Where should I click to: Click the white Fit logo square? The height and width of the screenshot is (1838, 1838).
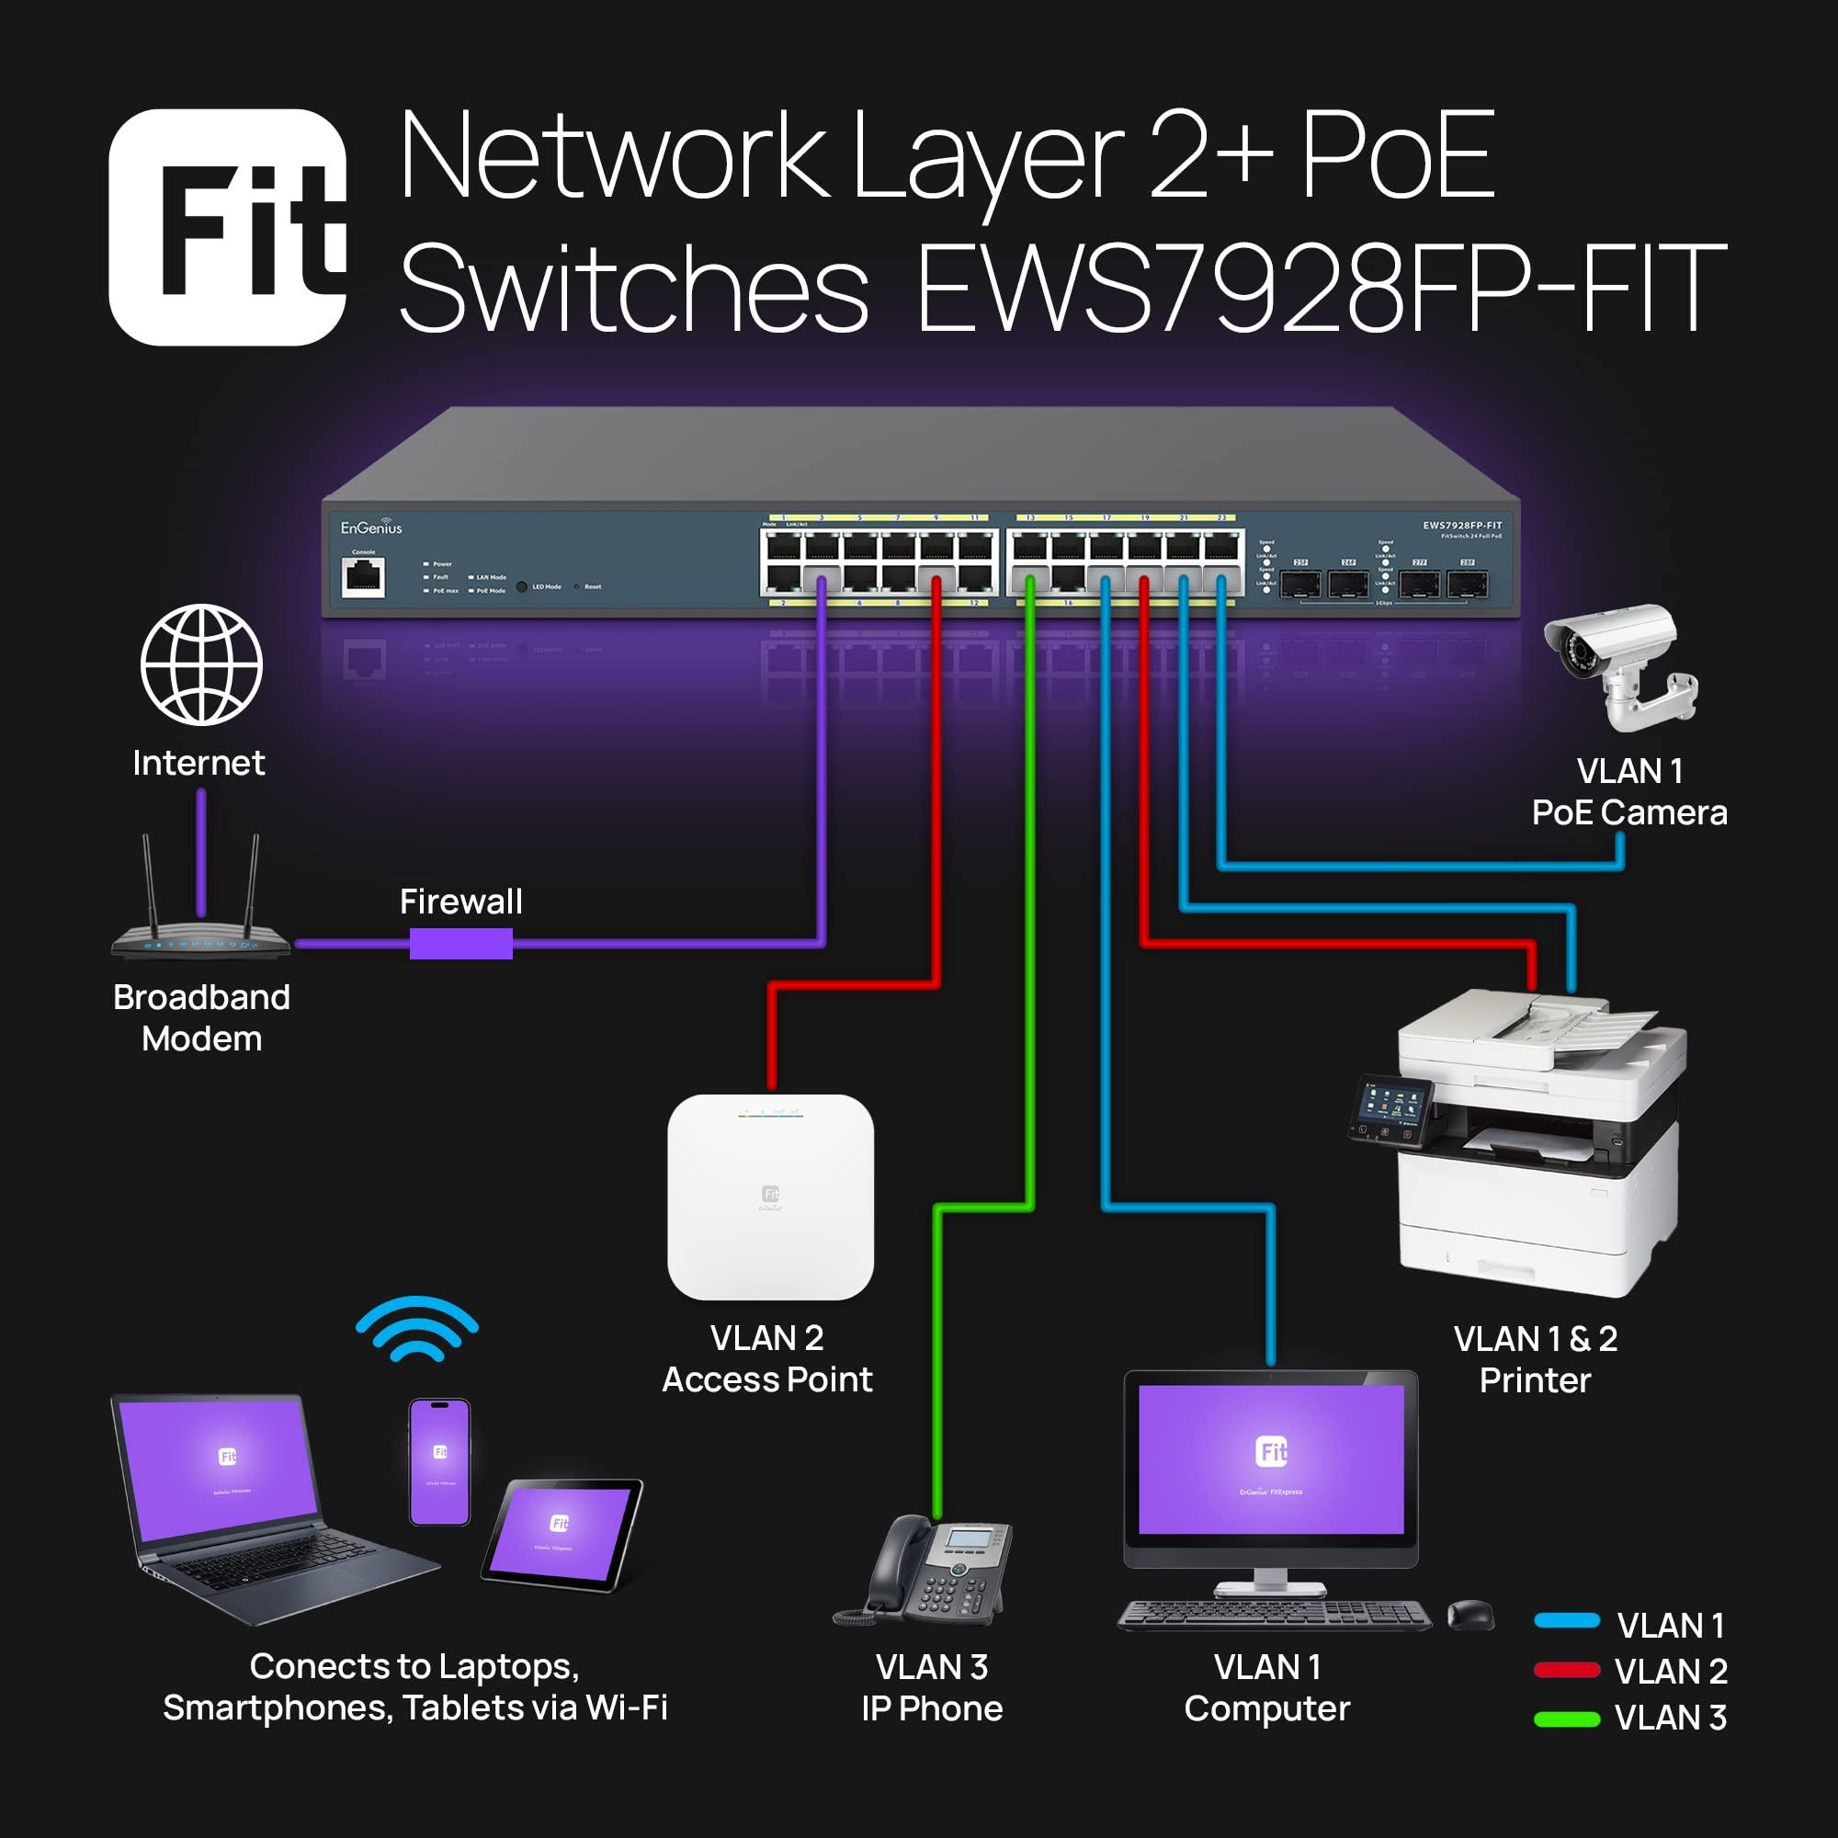227,226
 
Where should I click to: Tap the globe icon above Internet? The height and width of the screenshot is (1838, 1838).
200,664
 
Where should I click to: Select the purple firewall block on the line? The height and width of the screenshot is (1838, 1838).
460,944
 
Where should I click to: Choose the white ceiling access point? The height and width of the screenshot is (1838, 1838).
771,1197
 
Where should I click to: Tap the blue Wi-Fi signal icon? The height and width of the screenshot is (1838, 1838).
416,1329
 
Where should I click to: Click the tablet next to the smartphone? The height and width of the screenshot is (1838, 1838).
562,1534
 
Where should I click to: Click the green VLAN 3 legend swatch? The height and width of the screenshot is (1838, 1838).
1566,1719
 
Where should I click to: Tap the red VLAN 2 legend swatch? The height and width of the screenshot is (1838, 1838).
1566,1670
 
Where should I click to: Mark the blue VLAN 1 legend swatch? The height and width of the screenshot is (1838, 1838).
1566,1621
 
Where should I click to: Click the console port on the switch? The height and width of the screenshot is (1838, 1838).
363,576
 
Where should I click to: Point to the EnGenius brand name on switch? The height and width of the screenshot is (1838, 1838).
371,528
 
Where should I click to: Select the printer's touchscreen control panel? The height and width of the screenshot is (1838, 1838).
1391,1109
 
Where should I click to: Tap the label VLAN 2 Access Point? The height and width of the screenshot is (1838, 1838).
766,1358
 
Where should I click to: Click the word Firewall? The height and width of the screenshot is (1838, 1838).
460,901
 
